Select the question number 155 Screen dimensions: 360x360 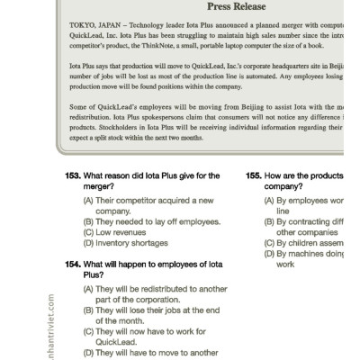pos(253,175)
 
